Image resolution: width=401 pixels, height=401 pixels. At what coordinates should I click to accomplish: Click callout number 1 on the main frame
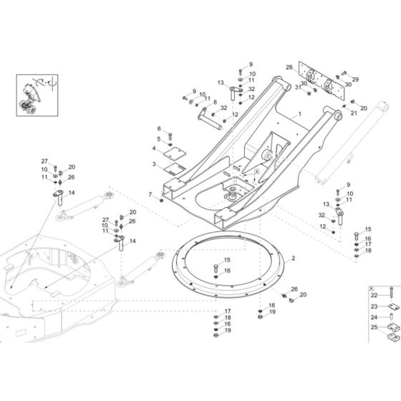(300, 115)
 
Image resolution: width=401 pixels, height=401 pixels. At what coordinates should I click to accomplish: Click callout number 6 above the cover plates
(158, 128)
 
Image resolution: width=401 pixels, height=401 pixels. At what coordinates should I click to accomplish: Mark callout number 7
(150, 195)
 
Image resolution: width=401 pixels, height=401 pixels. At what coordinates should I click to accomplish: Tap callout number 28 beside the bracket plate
(289, 68)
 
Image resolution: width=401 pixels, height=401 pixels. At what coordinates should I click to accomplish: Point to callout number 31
(297, 88)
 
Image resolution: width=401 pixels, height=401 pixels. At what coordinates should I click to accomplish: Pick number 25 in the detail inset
(374, 327)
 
